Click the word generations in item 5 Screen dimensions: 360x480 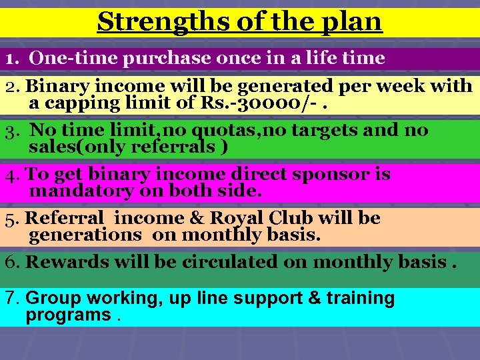click(85, 235)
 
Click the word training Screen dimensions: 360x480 click(358, 298)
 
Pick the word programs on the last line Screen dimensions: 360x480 click(68, 315)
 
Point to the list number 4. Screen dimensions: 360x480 click(11, 175)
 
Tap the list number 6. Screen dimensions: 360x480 click(11, 262)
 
